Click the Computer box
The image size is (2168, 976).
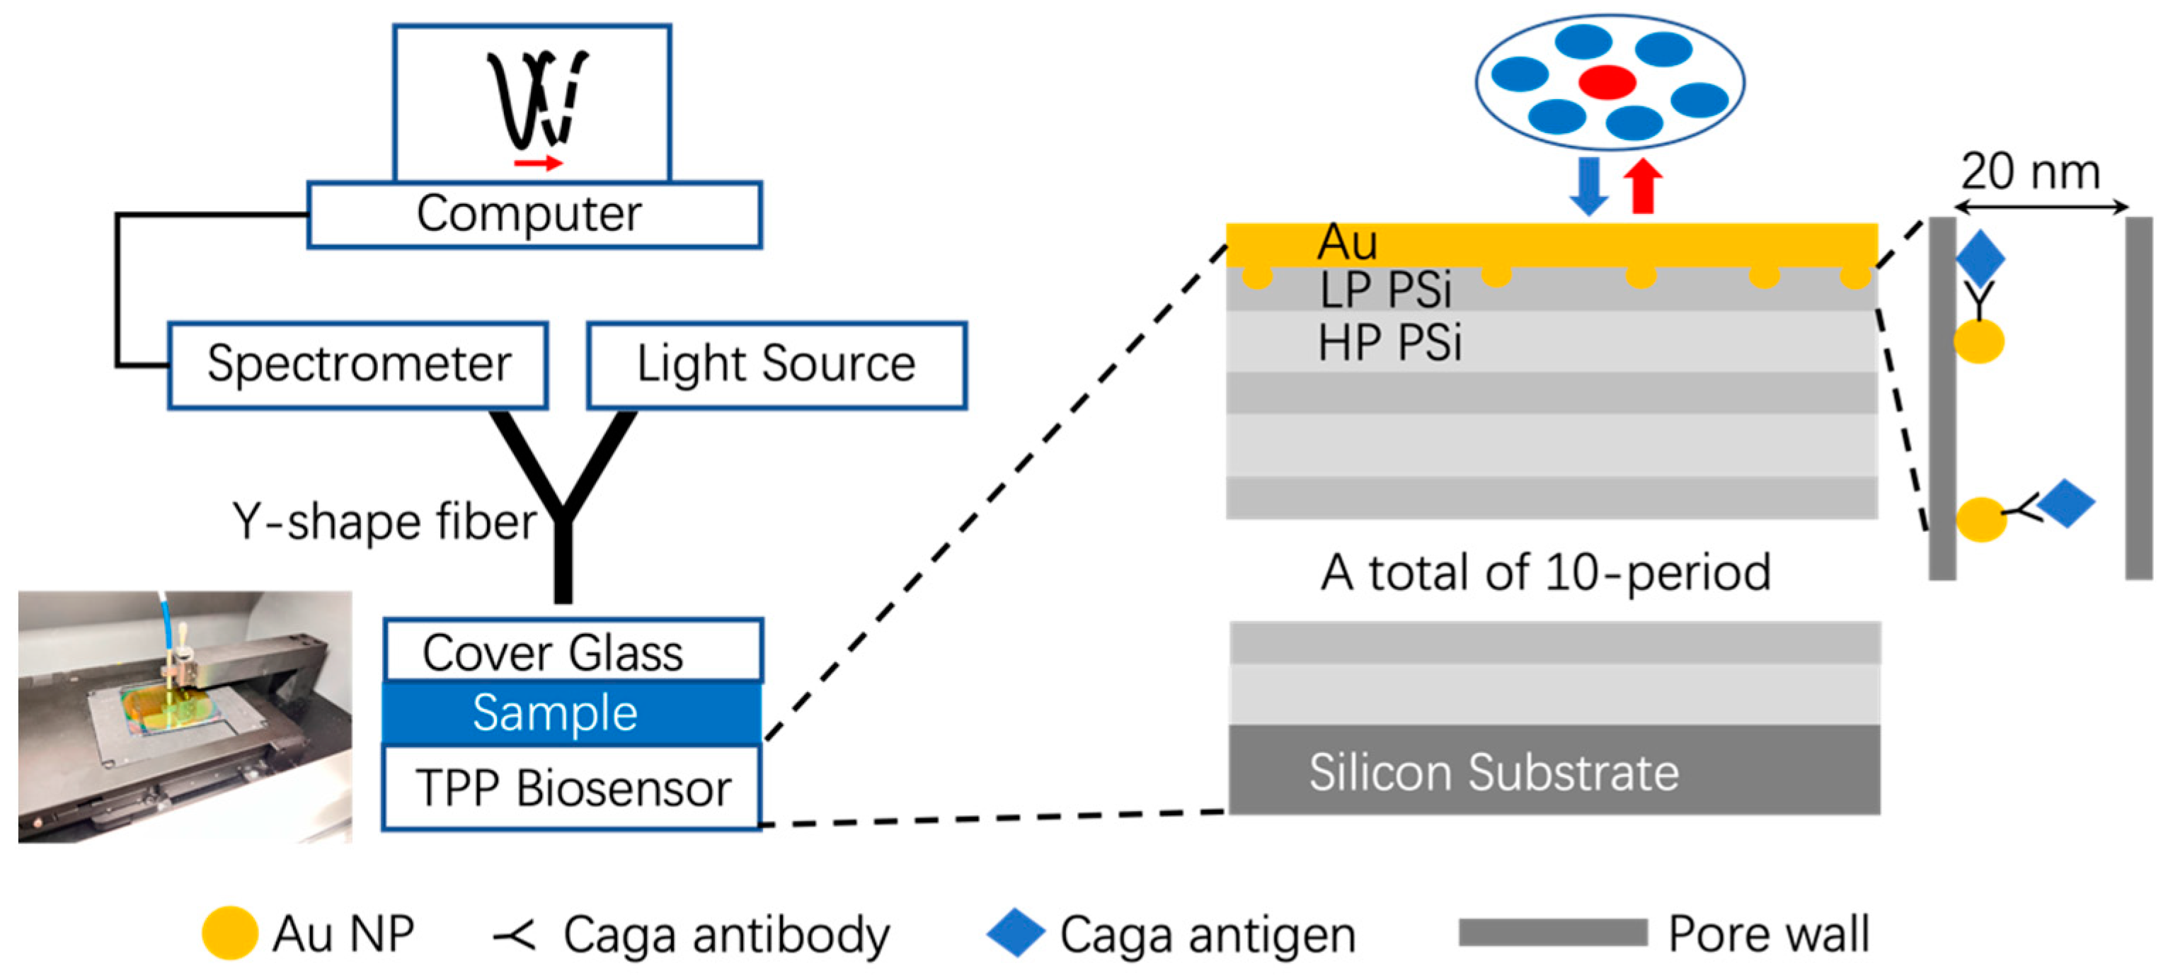pos(534,215)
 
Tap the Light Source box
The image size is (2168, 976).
pos(776,365)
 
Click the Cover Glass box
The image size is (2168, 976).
pos(573,651)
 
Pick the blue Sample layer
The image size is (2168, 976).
pos(573,713)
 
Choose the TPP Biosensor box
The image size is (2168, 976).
pos(573,788)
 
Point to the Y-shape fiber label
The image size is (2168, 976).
pos(384,521)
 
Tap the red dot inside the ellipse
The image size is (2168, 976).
pos(1607,81)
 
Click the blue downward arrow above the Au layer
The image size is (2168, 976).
pos(1588,186)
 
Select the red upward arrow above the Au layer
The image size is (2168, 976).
pos(1642,186)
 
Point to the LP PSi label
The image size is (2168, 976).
pos(1385,290)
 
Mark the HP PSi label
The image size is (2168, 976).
pos(1389,343)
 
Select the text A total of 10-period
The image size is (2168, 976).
pos(1545,572)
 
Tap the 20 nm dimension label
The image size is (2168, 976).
pos(2030,172)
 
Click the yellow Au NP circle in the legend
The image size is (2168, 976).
pos(230,933)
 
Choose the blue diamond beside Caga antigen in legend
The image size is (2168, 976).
pos(1015,933)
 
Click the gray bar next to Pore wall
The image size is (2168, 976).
pos(1552,932)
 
